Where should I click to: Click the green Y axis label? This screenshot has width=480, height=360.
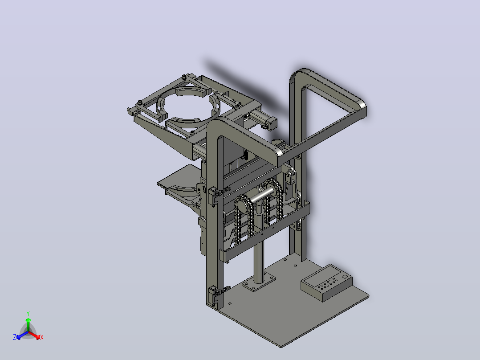click(x=28, y=313)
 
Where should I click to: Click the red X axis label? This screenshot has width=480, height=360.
click(x=42, y=337)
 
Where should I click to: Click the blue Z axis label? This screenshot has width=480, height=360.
click(x=15, y=337)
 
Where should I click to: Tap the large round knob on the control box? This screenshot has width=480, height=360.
click(x=345, y=277)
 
